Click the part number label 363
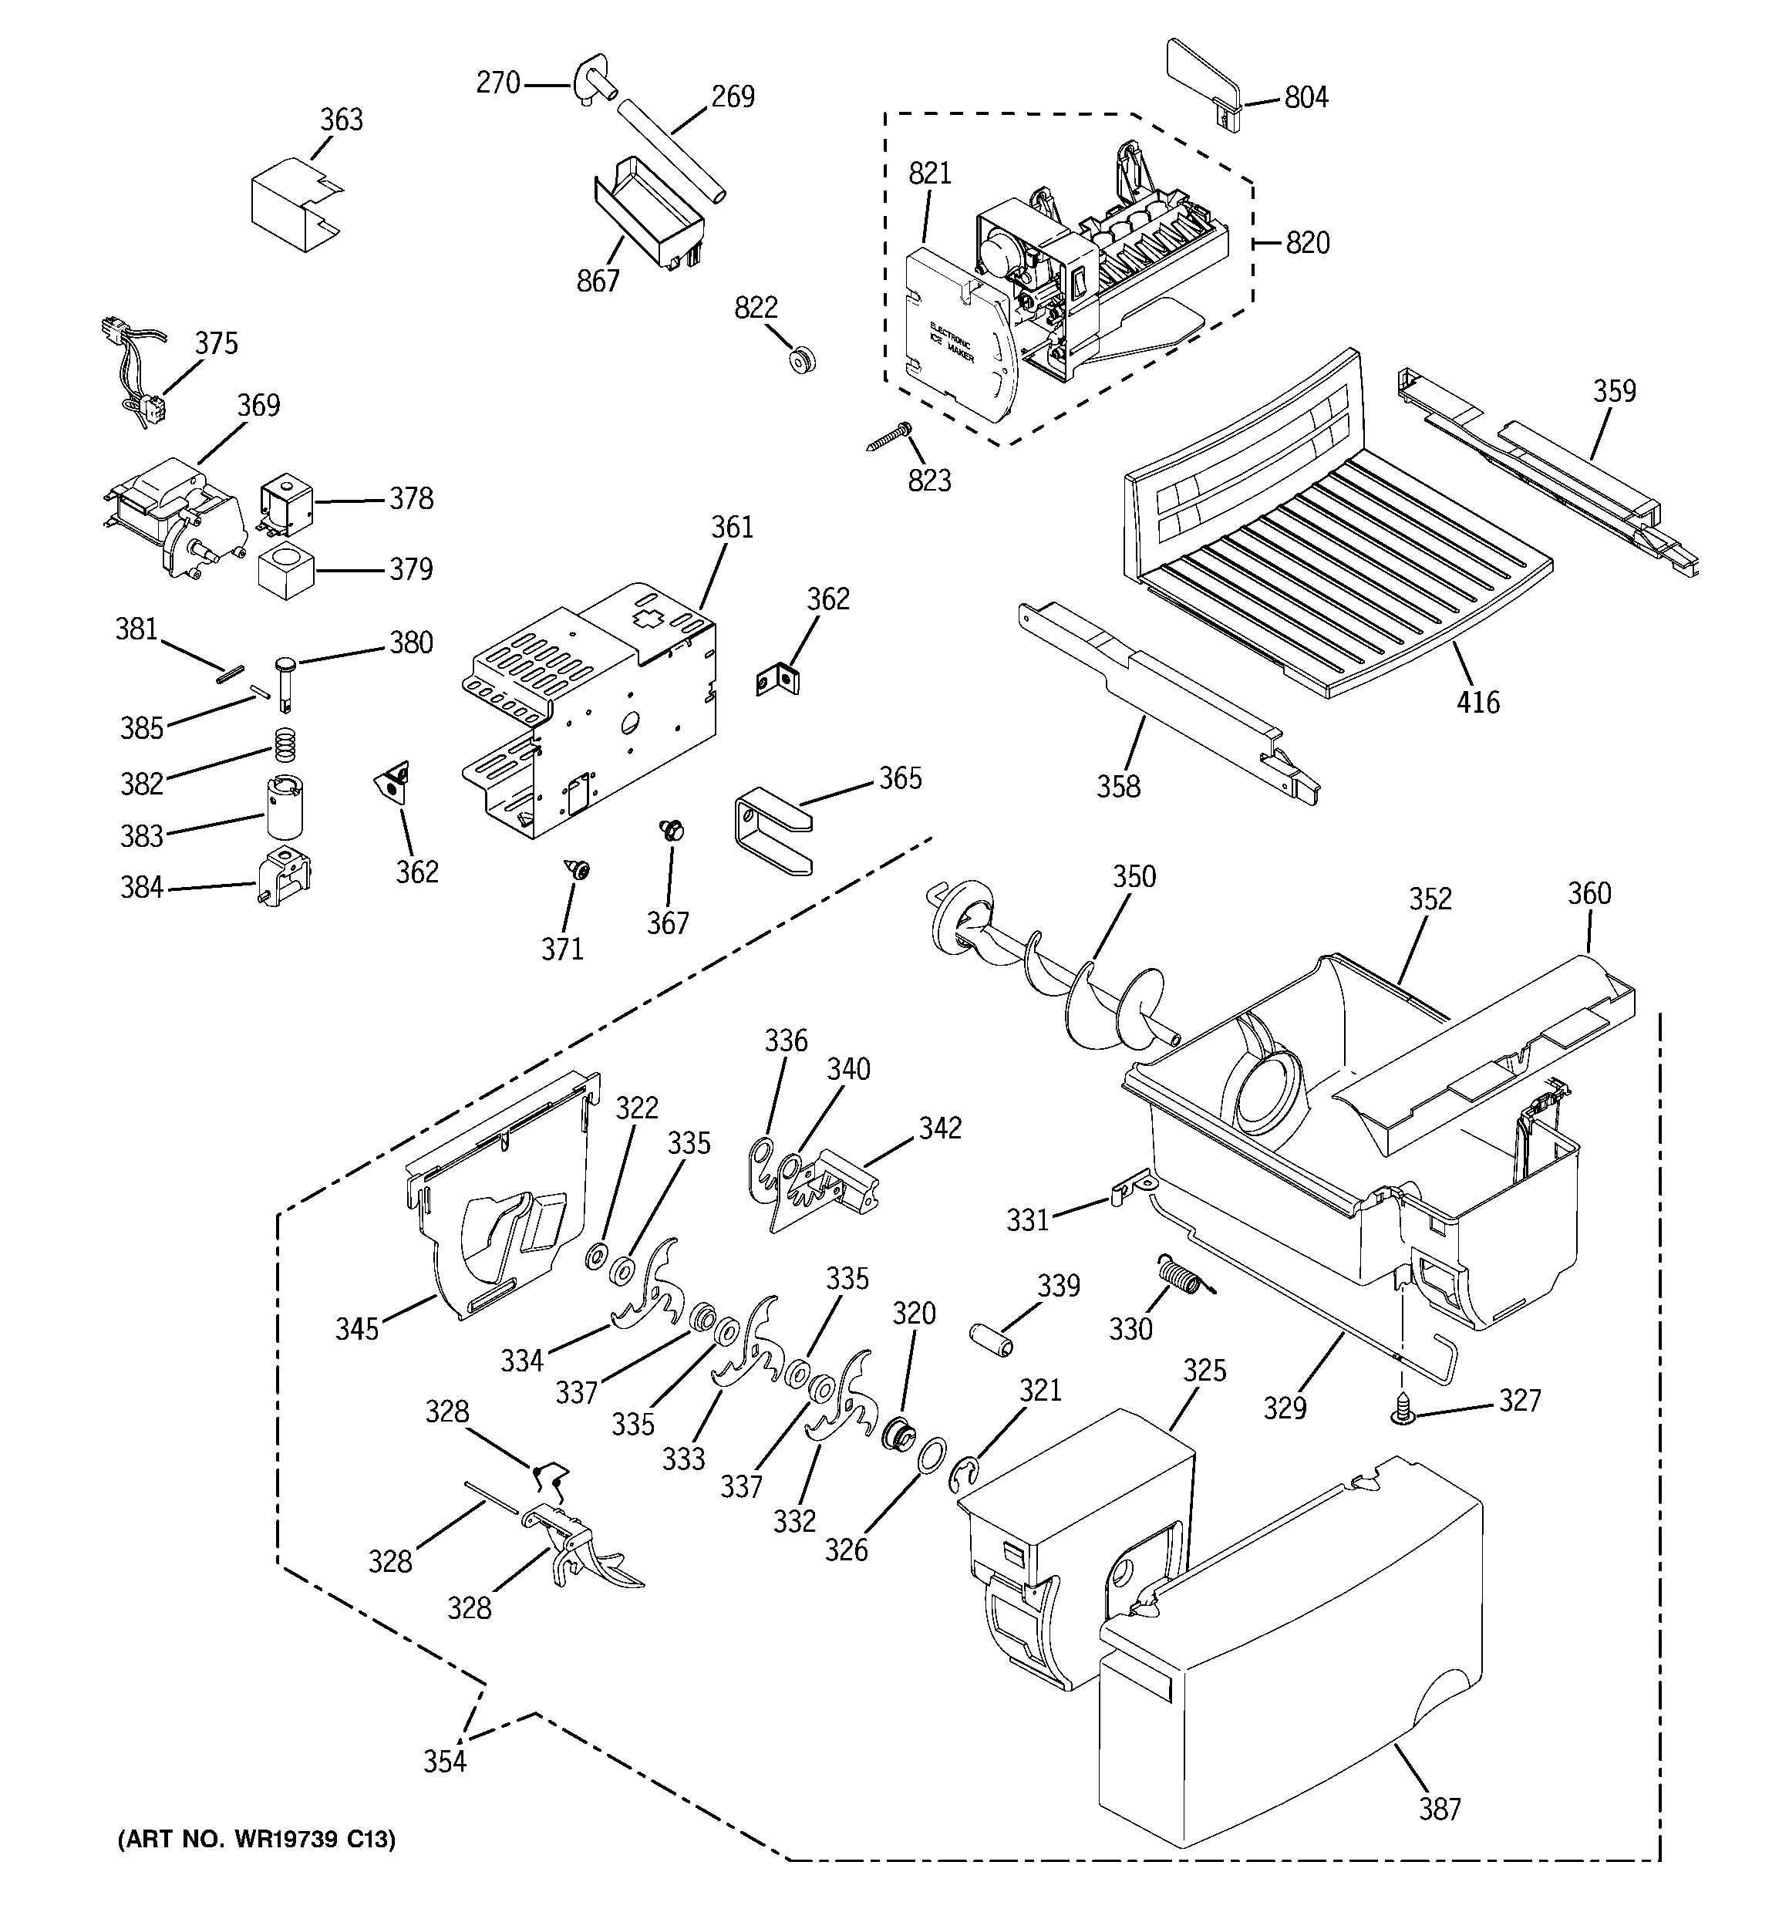(x=342, y=120)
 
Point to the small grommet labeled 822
(x=801, y=360)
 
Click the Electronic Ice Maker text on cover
(x=951, y=344)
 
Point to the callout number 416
(x=1477, y=703)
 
